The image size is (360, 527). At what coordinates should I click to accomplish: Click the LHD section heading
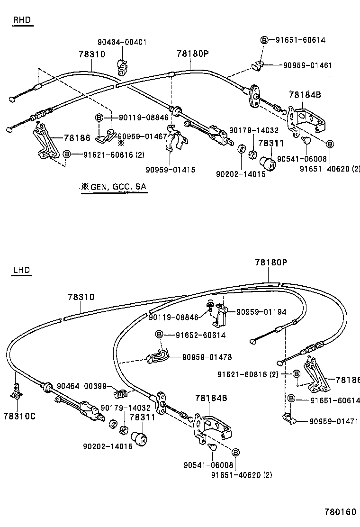pos(21,270)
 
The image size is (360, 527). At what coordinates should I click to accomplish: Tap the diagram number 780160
pos(340,512)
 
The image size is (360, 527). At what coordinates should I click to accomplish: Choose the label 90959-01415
pos(170,170)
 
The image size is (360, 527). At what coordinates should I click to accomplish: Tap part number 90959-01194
pos(261,312)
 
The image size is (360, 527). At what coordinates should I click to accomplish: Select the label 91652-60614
pos(200,335)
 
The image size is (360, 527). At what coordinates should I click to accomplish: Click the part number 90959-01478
pos(207,357)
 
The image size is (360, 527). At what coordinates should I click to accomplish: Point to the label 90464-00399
pos(82,386)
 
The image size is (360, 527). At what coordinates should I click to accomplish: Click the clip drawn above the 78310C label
pos(17,391)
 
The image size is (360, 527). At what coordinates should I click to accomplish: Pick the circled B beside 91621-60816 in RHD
pos(67,154)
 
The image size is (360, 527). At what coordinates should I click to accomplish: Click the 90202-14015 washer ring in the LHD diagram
pos(113,424)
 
